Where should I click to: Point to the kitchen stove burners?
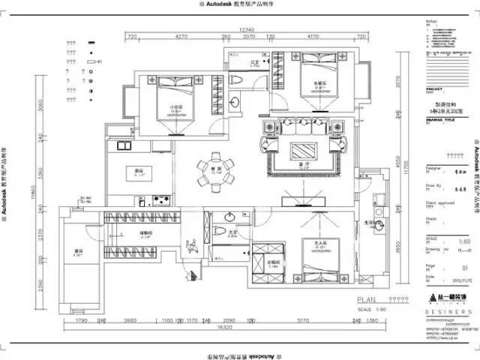click(160, 199)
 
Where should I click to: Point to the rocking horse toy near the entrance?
click(190, 244)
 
